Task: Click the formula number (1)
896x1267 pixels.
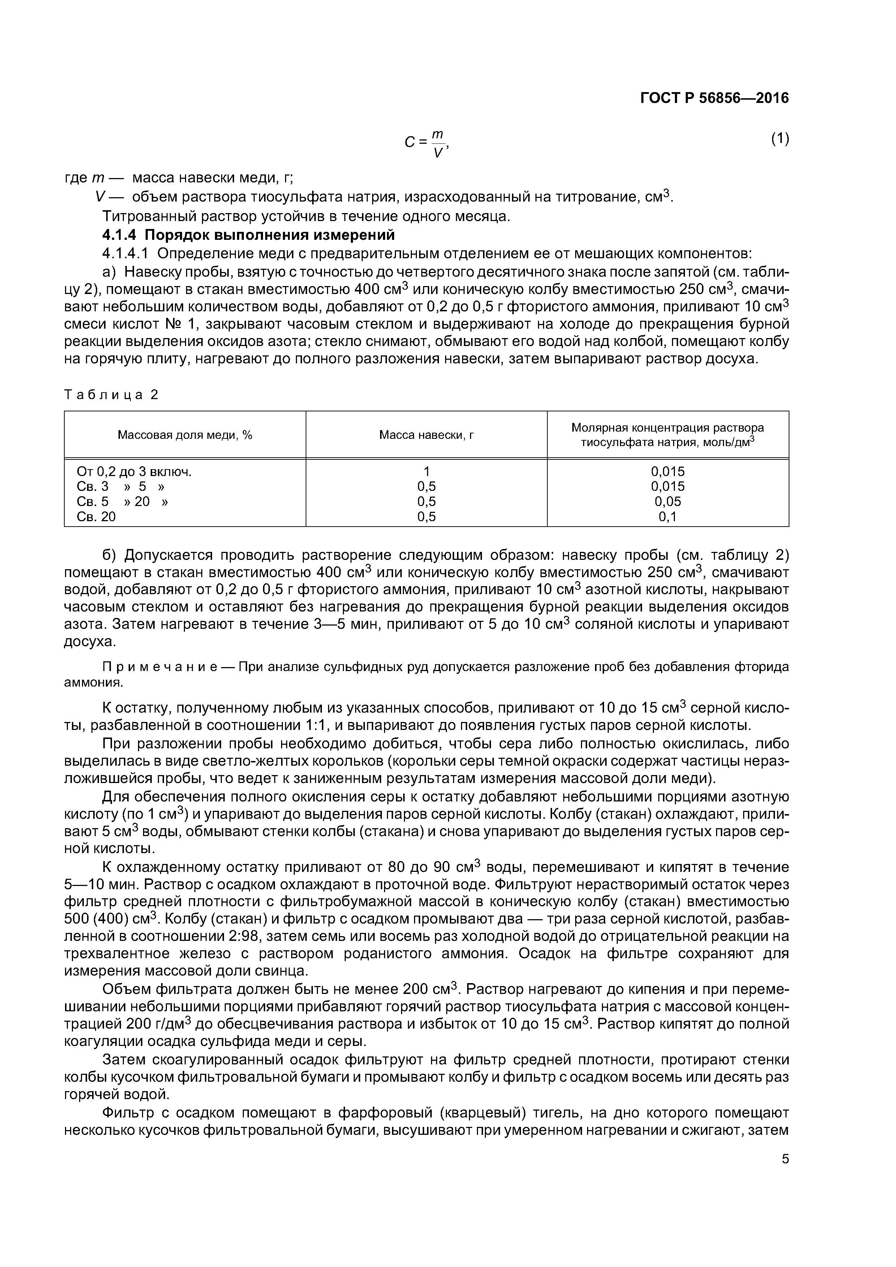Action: [x=780, y=139]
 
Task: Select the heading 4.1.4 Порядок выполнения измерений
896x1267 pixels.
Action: [x=249, y=235]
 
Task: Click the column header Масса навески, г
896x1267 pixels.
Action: [x=426, y=435]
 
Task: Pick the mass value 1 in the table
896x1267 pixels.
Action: [x=426, y=472]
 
